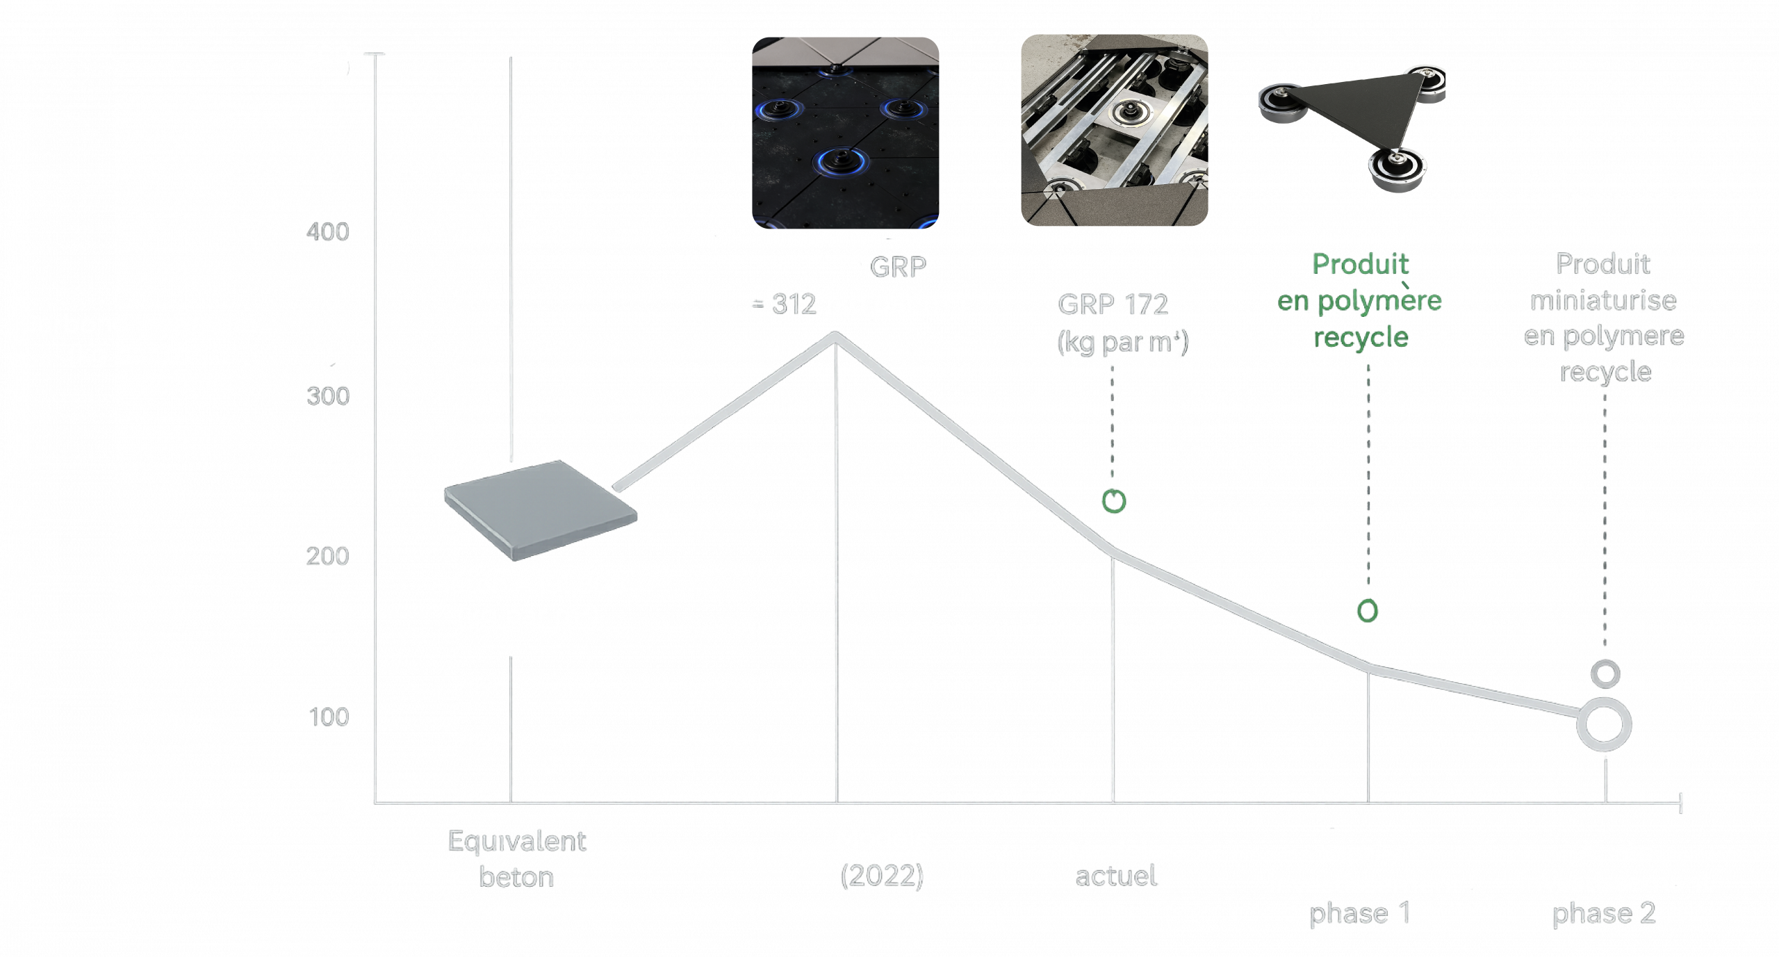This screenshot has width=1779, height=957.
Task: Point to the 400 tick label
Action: click(x=327, y=231)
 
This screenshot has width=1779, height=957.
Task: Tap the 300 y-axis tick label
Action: click(x=328, y=395)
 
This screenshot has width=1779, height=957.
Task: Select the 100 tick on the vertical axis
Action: click(x=328, y=716)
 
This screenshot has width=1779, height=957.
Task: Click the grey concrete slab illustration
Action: click(x=539, y=509)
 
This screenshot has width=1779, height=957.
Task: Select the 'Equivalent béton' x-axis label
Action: click(x=516, y=859)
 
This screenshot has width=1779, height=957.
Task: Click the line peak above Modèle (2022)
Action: click(x=835, y=336)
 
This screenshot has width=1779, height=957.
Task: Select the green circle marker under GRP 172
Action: click(x=1114, y=501)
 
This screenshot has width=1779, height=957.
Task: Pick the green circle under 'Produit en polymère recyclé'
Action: click(x=1367, y=611)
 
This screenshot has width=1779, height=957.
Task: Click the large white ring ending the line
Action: click(x=1604, y=724)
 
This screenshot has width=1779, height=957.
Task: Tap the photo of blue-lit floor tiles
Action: click(x=845, y=132)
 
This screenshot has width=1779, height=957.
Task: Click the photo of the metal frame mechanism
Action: click(x=1114, y=131)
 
